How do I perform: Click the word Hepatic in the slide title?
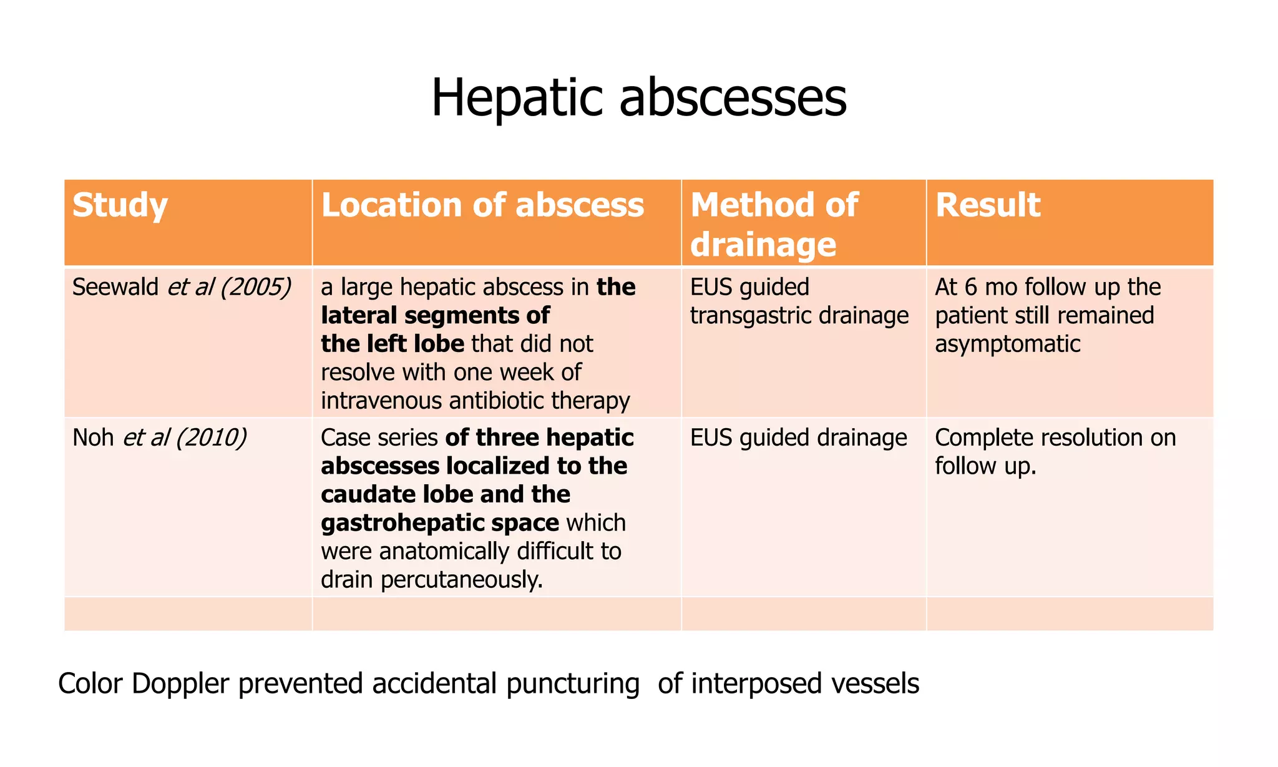tap(517, 98)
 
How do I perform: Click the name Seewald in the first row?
tap(115, 287)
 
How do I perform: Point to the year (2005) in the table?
tap(256, 287)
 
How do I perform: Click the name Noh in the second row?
tap(93, 437)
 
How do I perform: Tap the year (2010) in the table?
tap(211, 437)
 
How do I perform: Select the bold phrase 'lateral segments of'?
tap(435, 316)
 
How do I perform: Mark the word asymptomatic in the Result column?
tap(1007, 344)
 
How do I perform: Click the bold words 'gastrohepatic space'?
tap(439, 523)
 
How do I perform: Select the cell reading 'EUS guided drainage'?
tap(798, 437)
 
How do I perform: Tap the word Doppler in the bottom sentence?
tap(180, 683)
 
